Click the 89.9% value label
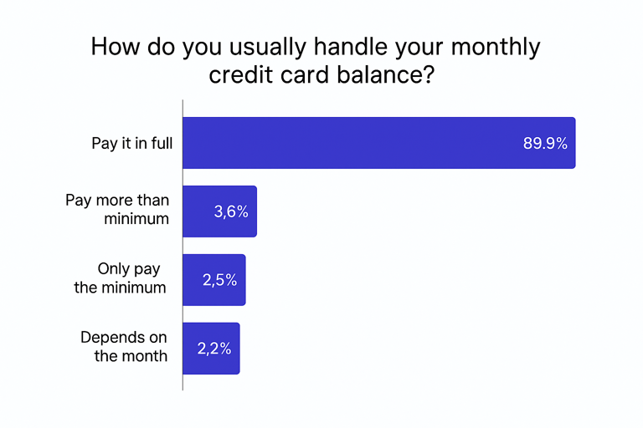[545, 144]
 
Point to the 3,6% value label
[231, 212]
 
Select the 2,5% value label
[219, 281]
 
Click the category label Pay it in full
[132, 144]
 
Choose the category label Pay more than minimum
[117, 210]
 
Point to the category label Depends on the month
[124, 347]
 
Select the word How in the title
[113, 46]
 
